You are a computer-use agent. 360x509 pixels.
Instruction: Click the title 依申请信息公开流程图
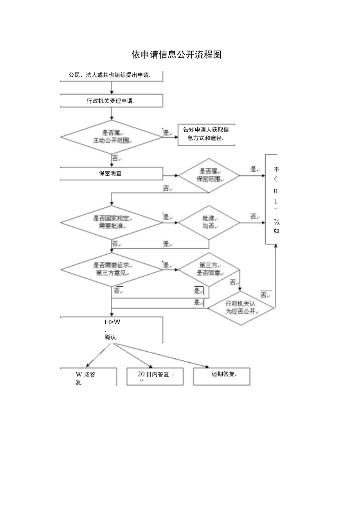[x=176, y=55]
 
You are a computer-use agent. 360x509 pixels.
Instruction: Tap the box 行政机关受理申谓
[x=112, y=101]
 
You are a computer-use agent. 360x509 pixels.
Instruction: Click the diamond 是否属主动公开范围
[x=112, y=137]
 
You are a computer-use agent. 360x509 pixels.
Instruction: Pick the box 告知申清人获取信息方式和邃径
[x=206, y=134]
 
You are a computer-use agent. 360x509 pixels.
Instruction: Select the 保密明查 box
[x=112, y=174]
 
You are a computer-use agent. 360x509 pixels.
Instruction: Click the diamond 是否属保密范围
[x=209, y=175]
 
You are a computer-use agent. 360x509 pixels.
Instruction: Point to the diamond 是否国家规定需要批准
[x=112, y=222]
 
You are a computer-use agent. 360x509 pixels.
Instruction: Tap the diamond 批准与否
[x=209, y=222]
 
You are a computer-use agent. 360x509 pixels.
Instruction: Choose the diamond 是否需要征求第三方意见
[x=112, y=269]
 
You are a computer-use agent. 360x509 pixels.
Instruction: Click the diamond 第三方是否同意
[x=209, y=269]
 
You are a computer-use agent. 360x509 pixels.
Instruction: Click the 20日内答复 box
[x=155, y=376]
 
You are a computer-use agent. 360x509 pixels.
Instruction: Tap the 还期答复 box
[x=221, y=376]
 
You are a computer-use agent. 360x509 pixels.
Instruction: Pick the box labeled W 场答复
[x=88, y=377]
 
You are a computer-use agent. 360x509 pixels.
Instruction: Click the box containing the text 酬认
[x=112, y=329]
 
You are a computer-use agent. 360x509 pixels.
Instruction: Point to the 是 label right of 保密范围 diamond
[x=254, y=169]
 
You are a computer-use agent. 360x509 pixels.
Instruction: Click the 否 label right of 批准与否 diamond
[x=254, y=216]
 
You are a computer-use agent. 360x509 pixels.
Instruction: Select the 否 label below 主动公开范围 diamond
[x=115, y=158]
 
